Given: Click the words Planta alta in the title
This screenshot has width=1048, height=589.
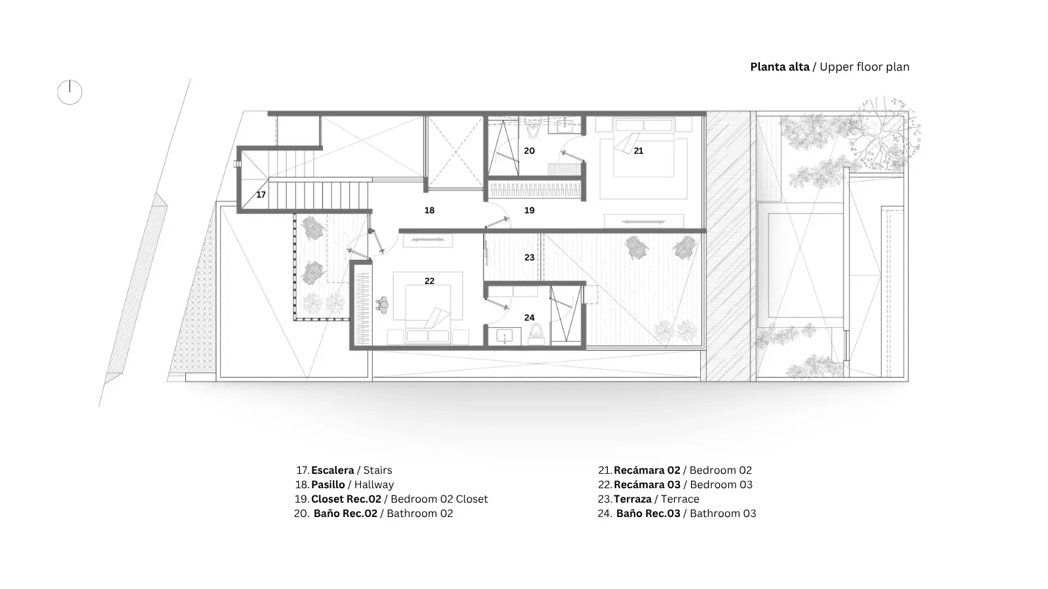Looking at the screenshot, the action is pos(779,67).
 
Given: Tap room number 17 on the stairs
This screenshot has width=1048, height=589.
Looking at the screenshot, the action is pos(261,194).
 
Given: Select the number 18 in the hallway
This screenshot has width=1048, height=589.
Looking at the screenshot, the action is pos(429,210).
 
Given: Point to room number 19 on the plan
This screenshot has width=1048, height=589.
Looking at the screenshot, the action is pos(529,210).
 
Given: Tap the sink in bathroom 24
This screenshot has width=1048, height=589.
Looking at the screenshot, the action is pos(504,336).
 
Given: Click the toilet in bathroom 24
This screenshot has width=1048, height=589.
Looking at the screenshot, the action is pos(537,333).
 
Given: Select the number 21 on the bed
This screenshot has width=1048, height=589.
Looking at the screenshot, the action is pos(638,151).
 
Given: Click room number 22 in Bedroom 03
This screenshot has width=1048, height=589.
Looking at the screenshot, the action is pos(429,281).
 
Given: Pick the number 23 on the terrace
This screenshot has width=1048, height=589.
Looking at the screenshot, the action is pos(529,258).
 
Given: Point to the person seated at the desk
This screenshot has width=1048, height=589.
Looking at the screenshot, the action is pos(383,305).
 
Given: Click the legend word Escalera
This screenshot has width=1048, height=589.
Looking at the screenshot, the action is pos(332,471).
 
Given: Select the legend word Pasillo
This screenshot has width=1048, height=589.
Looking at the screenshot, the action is pos(328,485).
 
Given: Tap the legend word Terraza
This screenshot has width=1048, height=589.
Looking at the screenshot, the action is pos(633,499).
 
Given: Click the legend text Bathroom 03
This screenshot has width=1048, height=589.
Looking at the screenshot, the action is pos(722,514).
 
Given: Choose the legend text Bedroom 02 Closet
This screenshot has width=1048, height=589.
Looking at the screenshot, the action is pos(439,499).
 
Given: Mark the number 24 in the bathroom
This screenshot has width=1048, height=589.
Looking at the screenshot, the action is pos(529,318).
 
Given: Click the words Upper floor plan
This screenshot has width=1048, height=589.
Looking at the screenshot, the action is pos(864,67).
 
